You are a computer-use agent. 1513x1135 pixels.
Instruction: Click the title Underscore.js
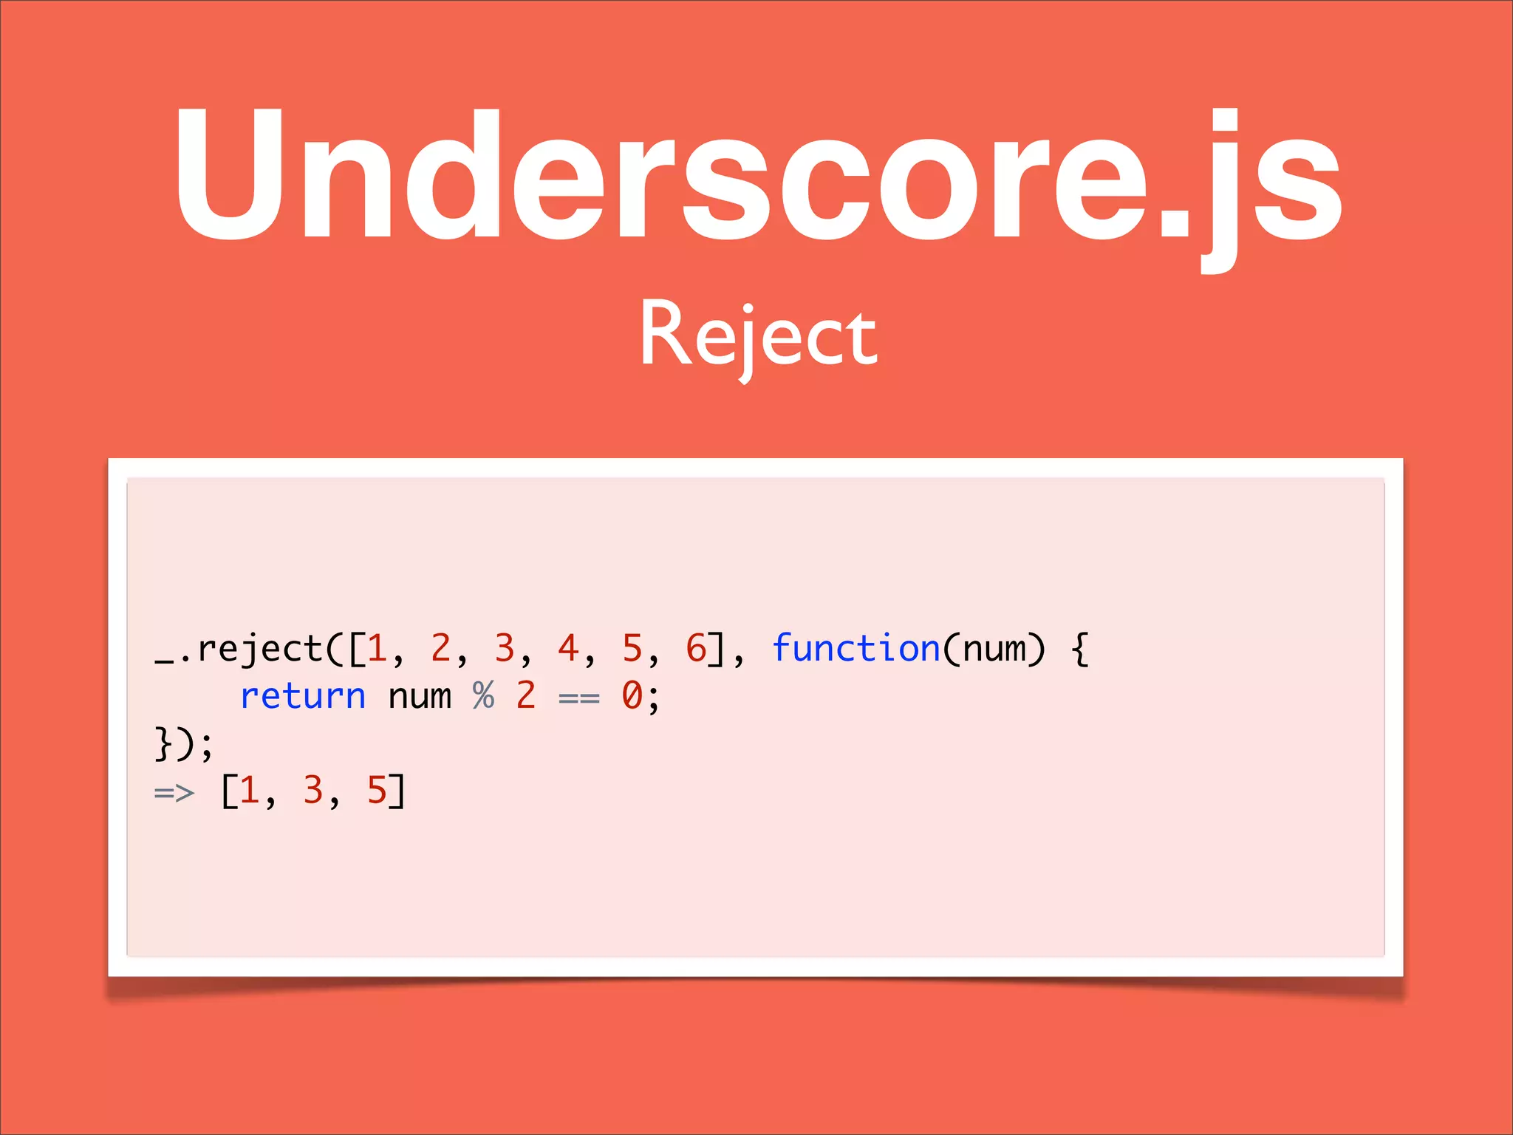(x=756, y=177)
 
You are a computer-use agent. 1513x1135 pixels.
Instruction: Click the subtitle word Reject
(x=758, y=336)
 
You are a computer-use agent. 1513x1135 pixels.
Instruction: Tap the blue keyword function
(x=855, y=649)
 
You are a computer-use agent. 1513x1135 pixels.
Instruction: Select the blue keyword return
(x=303, y=696)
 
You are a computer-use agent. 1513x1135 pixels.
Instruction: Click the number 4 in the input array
(x=567, y=649)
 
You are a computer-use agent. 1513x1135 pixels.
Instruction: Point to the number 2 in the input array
(x=440, y=649)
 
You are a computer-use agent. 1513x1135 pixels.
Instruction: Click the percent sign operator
(x=483, y=696)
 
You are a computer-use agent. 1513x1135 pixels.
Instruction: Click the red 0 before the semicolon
(x=632, y=696)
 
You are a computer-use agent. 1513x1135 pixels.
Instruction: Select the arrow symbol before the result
(x=174, y=793)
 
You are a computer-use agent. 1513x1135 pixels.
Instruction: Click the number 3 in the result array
(x=312, y=791)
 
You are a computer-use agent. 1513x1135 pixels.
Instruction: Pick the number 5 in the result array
(x=377, y=791)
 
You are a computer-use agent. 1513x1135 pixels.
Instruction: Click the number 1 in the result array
(x=249, y=791)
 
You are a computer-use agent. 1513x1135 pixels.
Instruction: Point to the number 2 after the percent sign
(x=525, y=696)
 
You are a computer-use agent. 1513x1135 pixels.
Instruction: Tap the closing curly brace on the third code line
(x=163, y=743)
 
